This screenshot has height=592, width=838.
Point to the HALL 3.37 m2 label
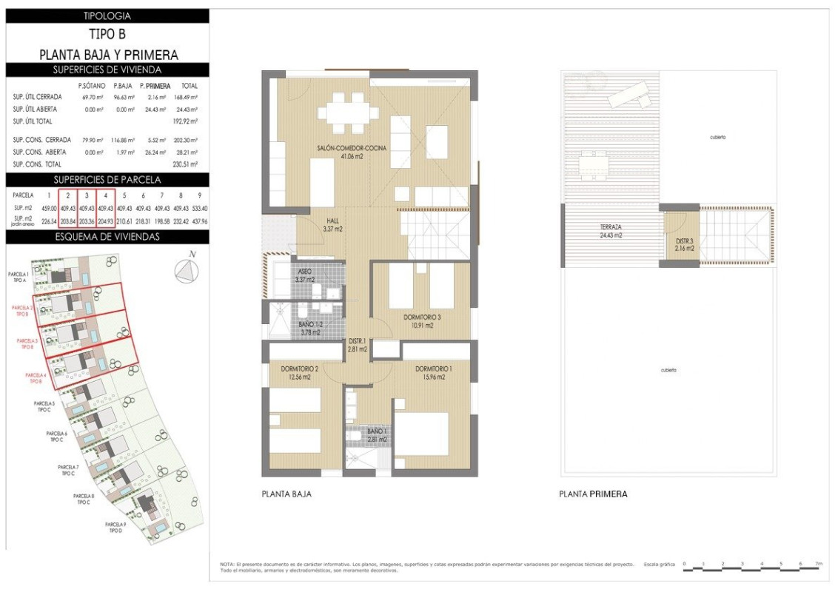[333, 225]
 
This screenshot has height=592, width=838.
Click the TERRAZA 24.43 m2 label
[611, 231]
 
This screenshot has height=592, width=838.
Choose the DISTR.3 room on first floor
[684, 244]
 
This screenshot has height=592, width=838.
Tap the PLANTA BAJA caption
[286, 494]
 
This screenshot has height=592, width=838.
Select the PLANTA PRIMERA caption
[593, 494]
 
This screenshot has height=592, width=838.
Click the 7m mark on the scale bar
[819, 564]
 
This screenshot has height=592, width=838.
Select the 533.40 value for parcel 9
[199, 208]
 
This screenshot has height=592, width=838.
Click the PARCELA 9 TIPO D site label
[115, 528]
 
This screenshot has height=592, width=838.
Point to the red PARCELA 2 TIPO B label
[22, 310]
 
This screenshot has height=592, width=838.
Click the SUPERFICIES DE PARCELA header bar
[107, 180]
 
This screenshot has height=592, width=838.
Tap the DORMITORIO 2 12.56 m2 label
[300, 372]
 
